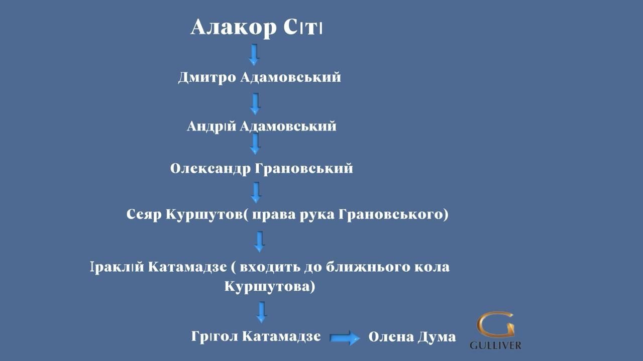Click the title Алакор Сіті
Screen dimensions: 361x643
coord(256,27)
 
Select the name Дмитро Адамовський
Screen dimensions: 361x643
coord(259,77)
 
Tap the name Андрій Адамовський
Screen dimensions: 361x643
coord(261,126)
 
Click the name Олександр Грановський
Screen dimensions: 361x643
coord(261,168)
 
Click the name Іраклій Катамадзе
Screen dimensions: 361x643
coord(158,267)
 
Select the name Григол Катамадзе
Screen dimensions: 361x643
coord(256,336)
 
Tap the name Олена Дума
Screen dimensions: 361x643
coord(412,337)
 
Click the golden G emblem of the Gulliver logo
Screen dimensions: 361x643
coord(495,325)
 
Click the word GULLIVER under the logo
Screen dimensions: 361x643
coord(495,345)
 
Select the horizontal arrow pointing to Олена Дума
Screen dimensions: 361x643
coord(345,338)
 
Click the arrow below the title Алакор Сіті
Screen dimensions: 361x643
coord(254,54)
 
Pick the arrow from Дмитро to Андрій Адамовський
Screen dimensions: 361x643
coord(255,103)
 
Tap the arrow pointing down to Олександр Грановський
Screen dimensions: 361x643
coord(255,144)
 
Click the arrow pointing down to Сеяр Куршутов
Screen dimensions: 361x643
coord(257,192)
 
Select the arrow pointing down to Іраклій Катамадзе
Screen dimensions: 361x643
coord(259,241)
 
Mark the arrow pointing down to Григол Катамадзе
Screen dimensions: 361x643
coord(261,312)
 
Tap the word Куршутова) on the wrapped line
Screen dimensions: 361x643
coord(270,287)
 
